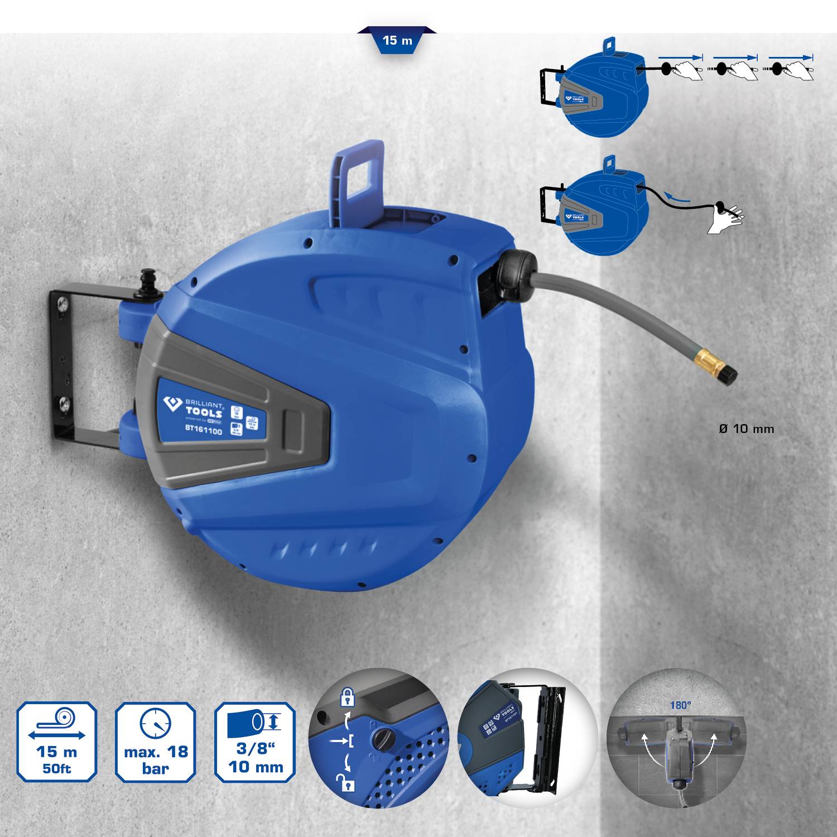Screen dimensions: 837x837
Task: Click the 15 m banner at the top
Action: coord(397,40)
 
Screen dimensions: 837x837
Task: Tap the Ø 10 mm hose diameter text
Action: coord(746,429)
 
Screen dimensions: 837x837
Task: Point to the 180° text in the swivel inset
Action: coord(680,705)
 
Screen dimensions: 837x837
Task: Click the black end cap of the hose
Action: coord(728,375)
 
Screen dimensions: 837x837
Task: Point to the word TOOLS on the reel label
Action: coord(204,413)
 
